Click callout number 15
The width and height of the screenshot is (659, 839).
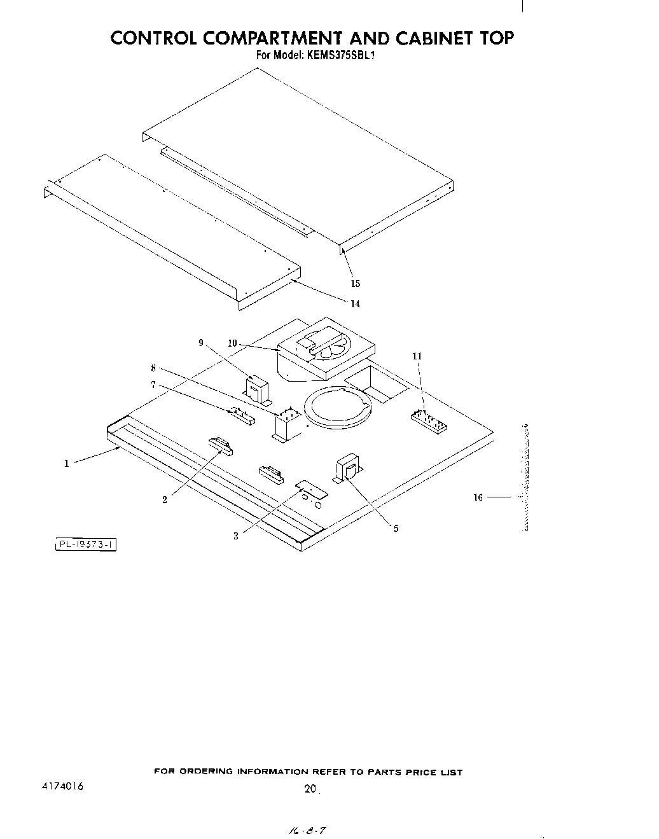point(356,284)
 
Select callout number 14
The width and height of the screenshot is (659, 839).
point(355,304)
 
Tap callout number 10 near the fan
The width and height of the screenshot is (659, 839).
point(232,343)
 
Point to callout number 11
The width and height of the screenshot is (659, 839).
point(417,356)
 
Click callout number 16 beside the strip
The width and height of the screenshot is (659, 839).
point(478,497)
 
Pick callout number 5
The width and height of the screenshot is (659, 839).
point(396,528)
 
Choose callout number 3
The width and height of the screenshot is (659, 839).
point(235,536)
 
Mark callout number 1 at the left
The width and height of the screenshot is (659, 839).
point(66,464)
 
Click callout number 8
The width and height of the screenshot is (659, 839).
point(153,368)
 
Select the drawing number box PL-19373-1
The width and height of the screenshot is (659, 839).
point(86,544)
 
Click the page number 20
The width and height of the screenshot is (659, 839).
point(310,789)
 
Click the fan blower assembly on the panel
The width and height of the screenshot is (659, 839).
point(326,351)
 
